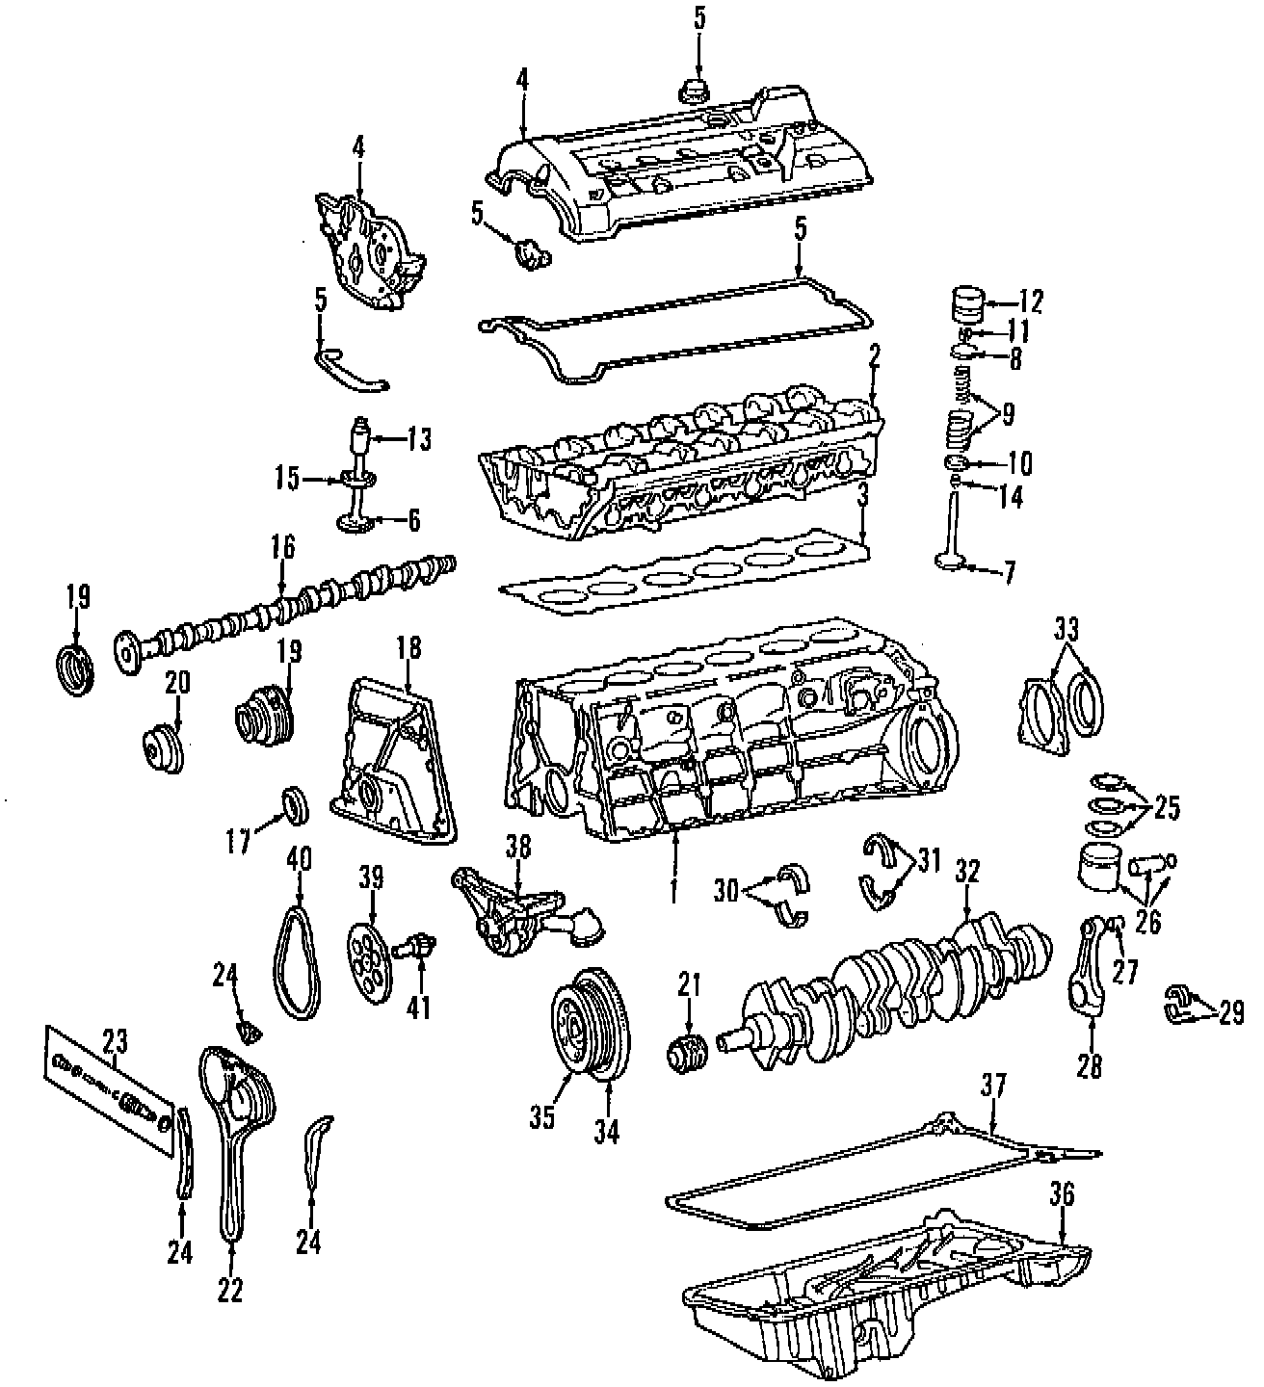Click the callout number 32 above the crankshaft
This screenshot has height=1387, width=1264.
tap(967, 872)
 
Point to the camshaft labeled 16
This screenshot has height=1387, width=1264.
tap(289, 607)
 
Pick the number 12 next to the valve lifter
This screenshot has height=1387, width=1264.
tap(1030, 301)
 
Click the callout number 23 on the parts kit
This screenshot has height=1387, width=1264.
tap(115, 1040)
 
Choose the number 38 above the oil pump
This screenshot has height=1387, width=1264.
tap(518, 848)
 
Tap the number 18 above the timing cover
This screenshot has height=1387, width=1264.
tap(408, 647)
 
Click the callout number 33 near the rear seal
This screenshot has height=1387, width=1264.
tap(1065, 630)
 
